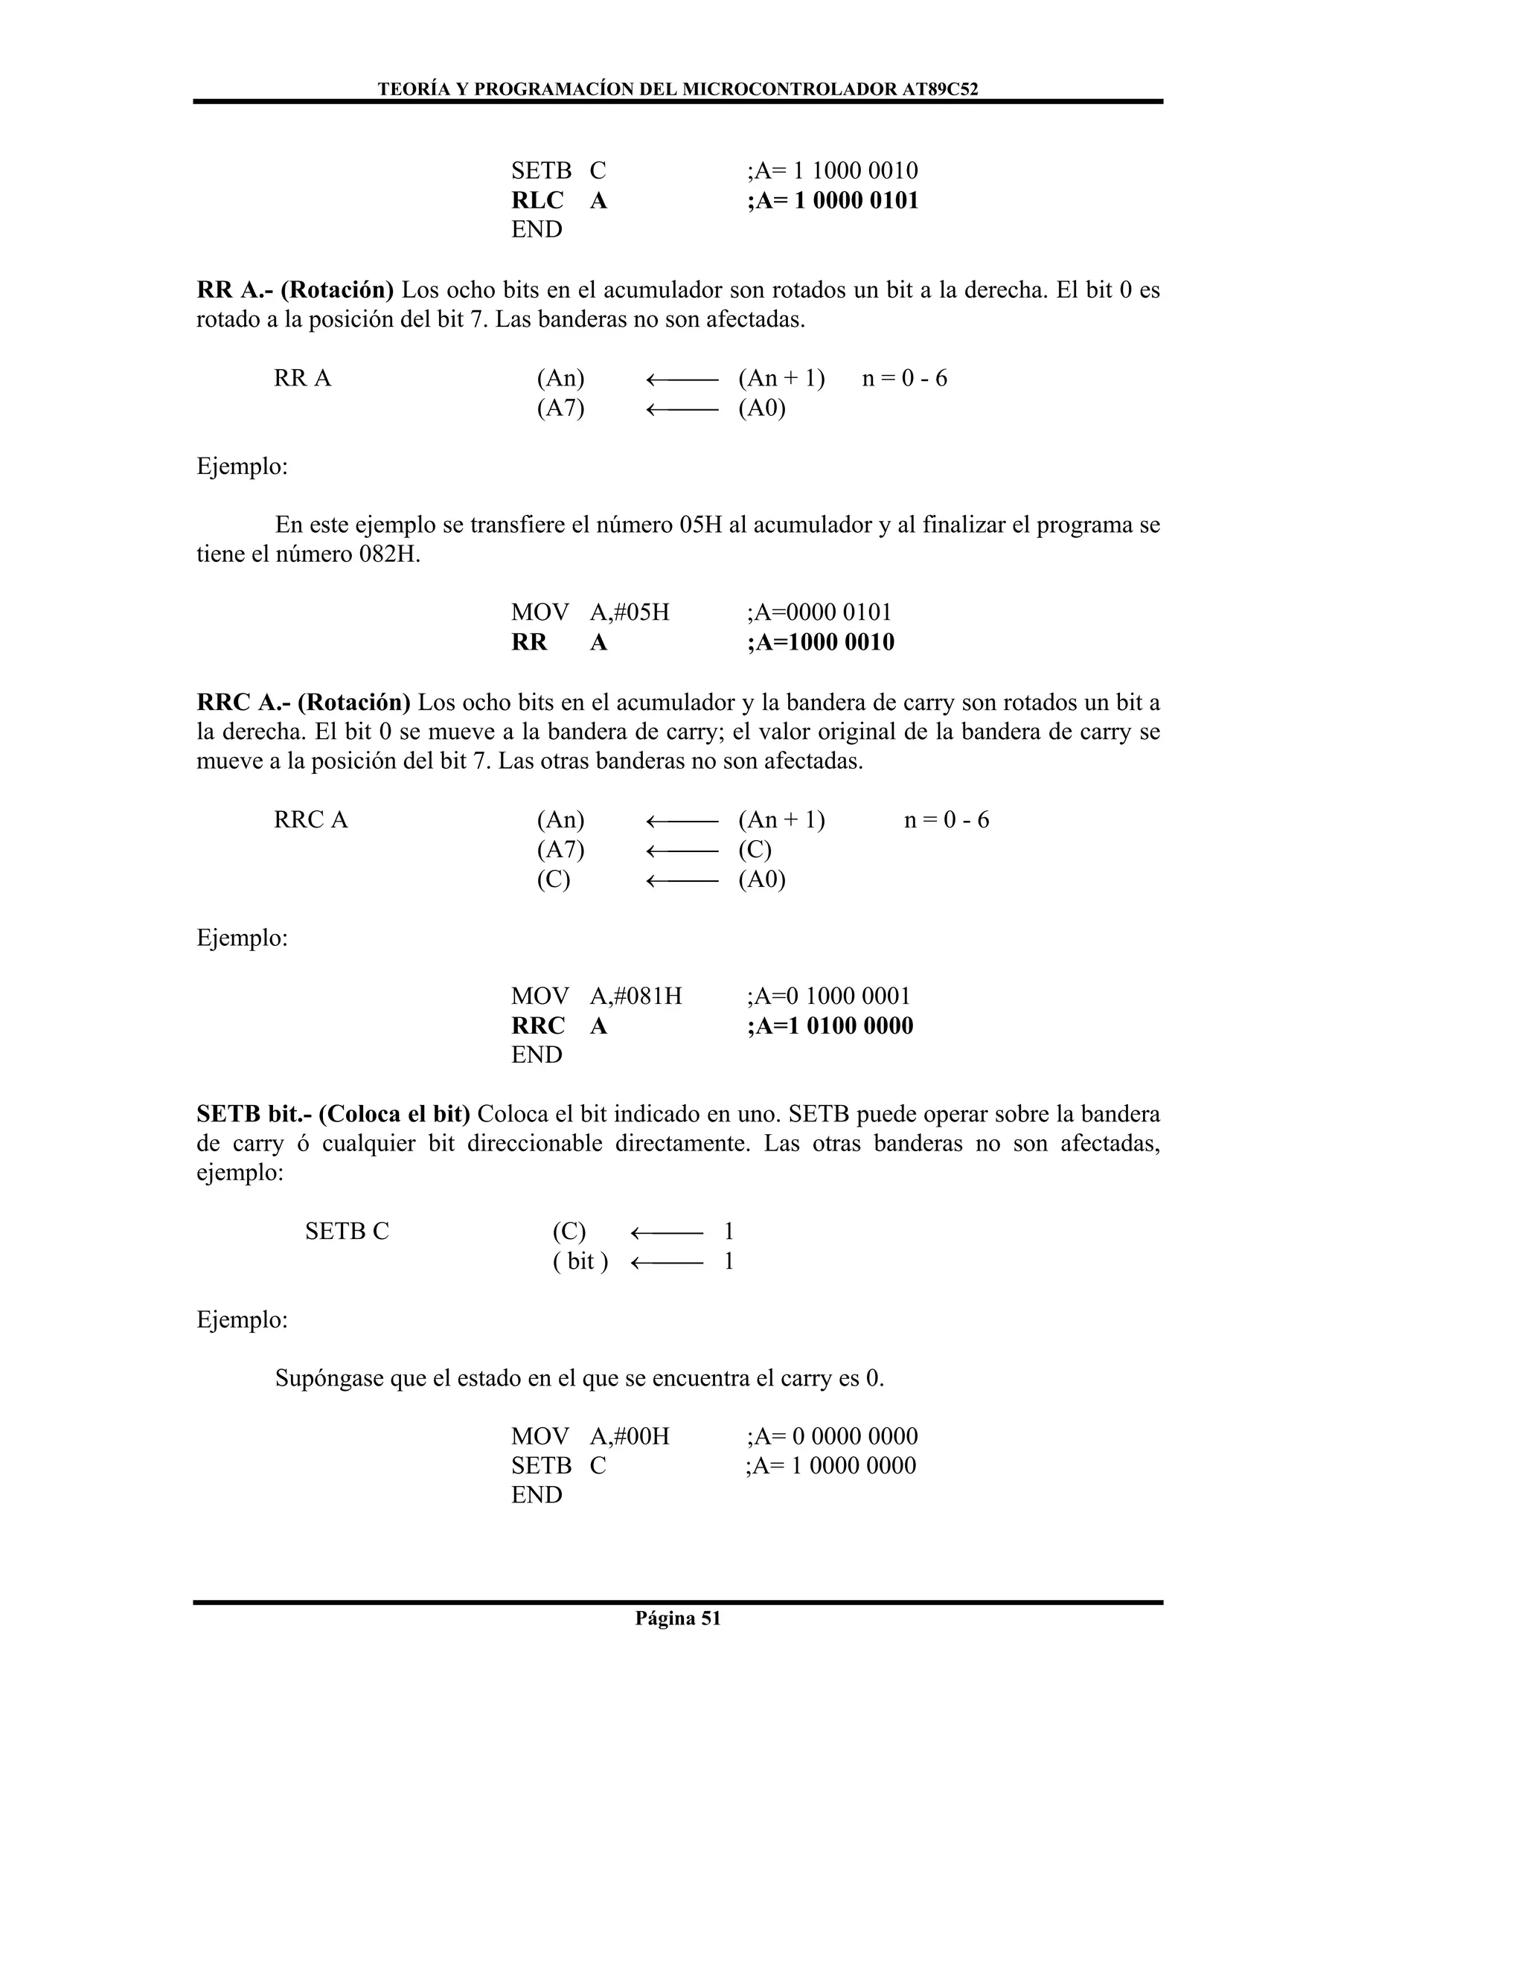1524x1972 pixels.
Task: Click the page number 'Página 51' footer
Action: point(677,1618)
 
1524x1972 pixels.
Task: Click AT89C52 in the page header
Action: point(940,89)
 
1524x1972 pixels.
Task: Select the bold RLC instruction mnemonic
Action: point(537,200)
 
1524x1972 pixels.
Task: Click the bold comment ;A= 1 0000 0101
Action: point(833,200)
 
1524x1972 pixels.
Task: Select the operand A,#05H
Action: point(630,612)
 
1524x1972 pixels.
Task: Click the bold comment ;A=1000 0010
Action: point(821,642)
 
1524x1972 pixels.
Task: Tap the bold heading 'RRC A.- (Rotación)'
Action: point(304,702)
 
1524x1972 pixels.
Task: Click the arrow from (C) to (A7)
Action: point(682,851)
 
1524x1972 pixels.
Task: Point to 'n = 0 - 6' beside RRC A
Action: point(947,820)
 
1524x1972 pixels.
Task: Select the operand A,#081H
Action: point(635,996)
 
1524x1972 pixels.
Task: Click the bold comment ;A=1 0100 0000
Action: point(830,1025)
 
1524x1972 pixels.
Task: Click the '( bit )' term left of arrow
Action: point(580,1261)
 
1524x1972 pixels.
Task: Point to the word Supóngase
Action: point(329,1378)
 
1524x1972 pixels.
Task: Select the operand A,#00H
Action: point(630,1436)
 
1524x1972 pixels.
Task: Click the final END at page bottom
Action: point(537,1495)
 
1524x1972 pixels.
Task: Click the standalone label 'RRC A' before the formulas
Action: point(310,820)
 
